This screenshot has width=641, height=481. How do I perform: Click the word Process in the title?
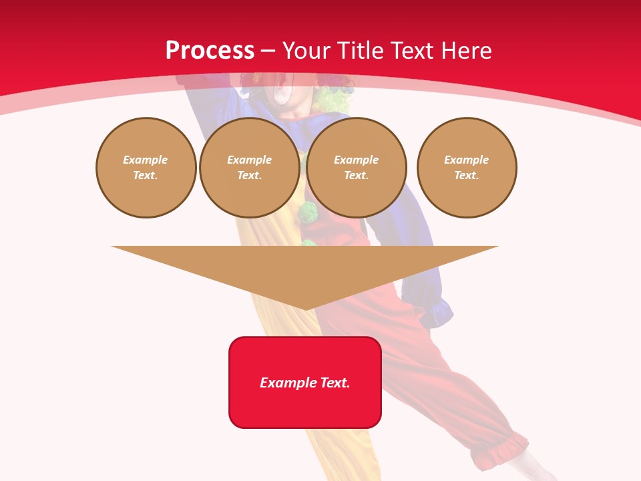(x=210, y=51)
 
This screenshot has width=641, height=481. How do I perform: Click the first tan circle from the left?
(x=146, y=168)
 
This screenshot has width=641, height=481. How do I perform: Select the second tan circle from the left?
(x=249, y=168)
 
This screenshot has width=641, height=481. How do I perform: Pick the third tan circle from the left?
(x=357, y=168)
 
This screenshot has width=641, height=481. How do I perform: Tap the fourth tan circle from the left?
(x=467, y=168)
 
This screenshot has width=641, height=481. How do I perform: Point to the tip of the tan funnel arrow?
(x=305, y=309)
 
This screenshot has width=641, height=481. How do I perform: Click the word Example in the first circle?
(x=146, y=160)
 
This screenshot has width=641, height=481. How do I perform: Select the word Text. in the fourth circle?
(x=467, y=176)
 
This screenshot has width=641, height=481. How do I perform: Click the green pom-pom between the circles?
(x=308, y=213)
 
